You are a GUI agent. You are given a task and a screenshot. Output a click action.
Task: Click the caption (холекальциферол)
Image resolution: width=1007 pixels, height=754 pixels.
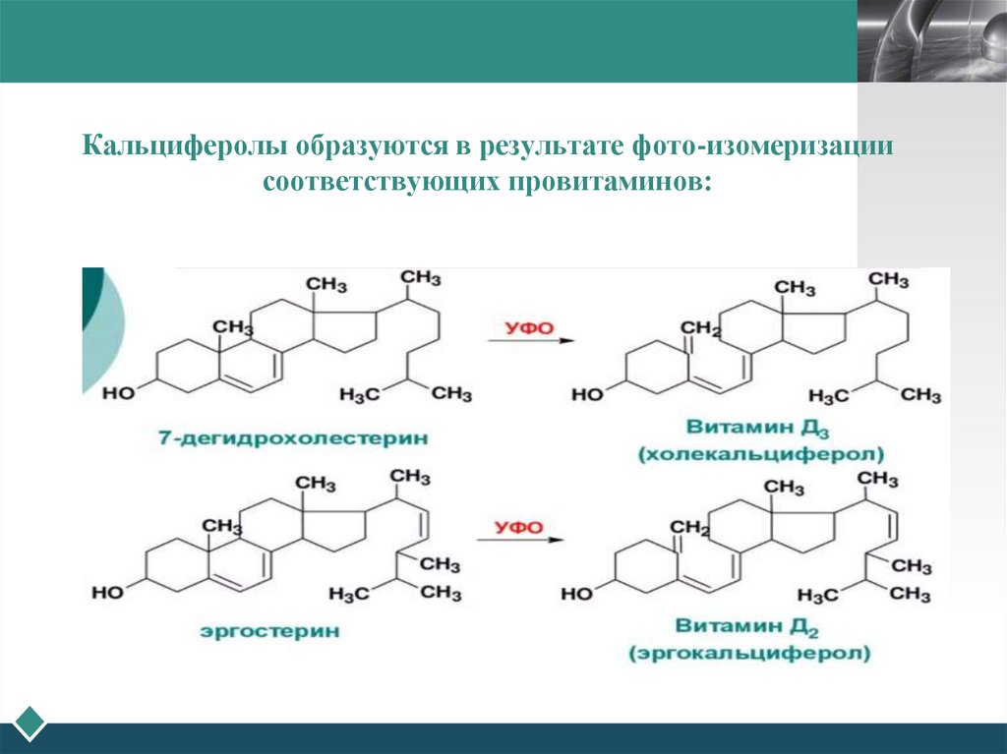760,455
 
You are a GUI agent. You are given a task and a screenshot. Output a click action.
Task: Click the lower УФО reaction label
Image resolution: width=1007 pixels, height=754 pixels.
517,528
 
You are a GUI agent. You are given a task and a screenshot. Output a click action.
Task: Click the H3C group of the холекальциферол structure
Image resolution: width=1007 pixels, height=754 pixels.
825,395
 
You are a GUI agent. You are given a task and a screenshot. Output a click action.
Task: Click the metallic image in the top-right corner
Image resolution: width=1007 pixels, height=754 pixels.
931,40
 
